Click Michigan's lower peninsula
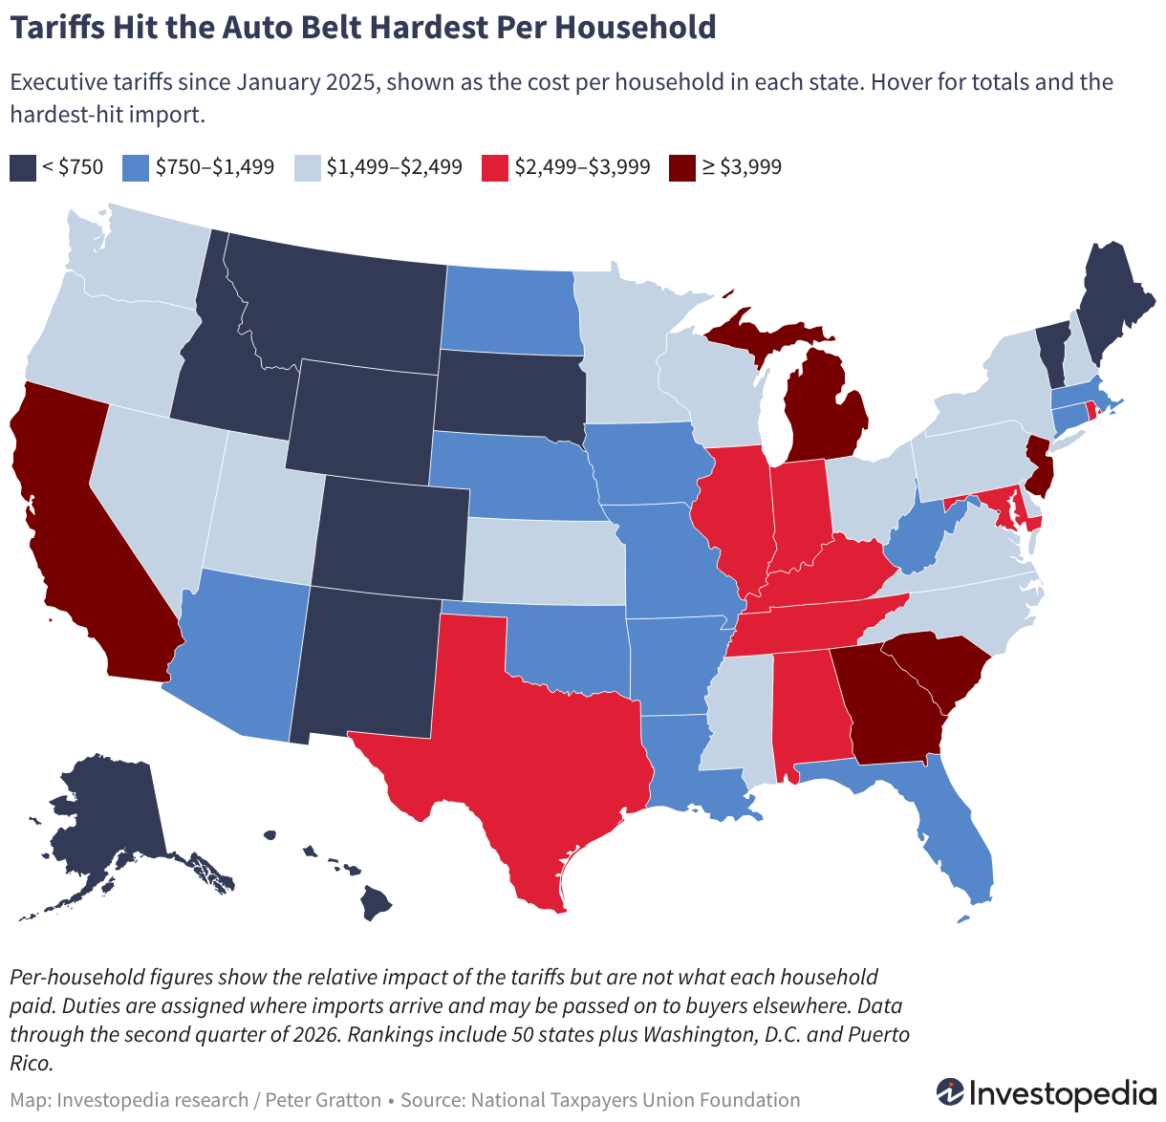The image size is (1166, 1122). [824, 413]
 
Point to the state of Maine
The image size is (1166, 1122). [1112, 299]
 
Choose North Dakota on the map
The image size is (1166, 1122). [512, 312]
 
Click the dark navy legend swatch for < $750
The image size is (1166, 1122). [23, 168]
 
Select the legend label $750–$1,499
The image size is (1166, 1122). [214, 167]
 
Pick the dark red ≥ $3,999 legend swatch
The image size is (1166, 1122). [681, 168]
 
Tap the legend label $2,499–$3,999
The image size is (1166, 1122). [582, 167]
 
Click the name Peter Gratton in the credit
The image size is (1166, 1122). [324, 1100]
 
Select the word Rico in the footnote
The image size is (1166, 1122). [32, 1063]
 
